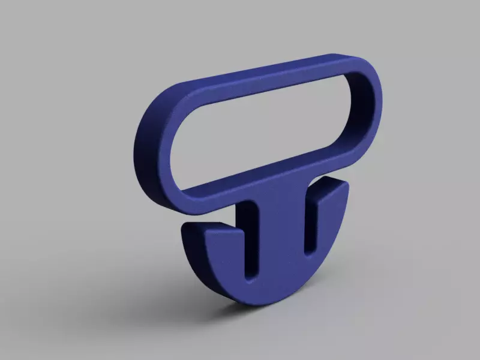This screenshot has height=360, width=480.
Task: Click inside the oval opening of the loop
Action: point(264,129)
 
